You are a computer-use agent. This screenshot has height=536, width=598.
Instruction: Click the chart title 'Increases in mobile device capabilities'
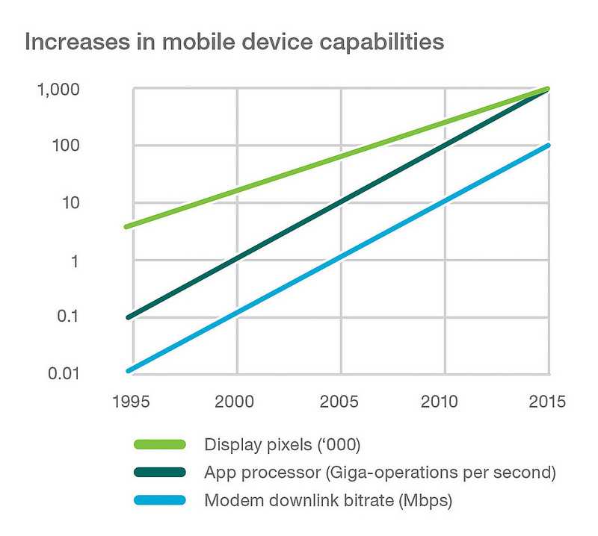235,42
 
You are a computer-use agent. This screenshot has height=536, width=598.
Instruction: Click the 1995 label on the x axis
133,402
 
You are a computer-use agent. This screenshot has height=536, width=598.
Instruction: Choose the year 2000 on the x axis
237,402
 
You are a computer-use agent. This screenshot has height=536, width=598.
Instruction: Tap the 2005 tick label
341,402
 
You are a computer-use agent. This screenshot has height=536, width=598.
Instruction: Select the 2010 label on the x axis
445,402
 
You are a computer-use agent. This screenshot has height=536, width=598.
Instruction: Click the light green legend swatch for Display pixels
159,445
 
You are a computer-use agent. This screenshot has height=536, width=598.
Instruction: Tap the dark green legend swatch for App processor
159,473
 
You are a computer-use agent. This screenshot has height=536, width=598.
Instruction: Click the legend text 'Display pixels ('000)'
283,445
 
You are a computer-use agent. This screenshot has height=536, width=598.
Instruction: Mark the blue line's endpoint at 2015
548,146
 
